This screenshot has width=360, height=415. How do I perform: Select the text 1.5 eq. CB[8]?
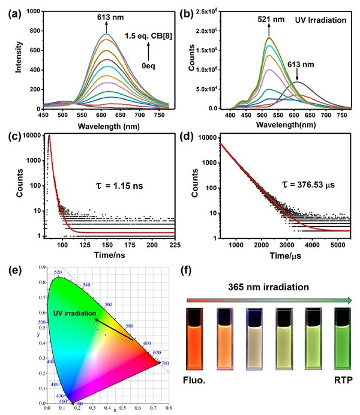[145, 37]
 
